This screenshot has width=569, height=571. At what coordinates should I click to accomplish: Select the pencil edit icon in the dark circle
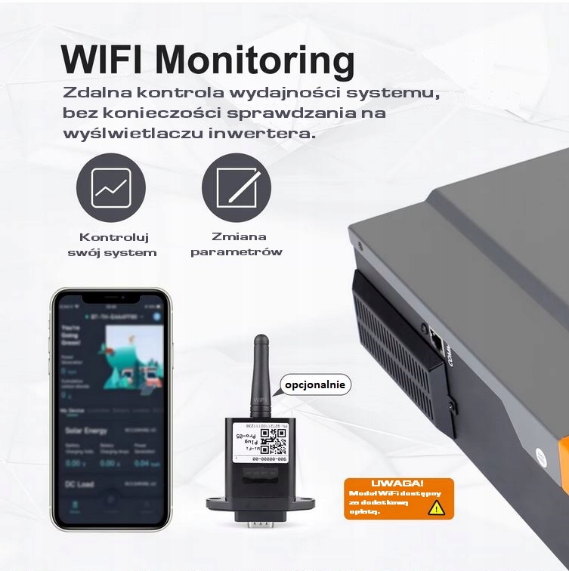(x=236, y=187)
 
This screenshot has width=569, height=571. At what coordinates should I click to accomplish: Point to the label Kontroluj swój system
(x=118, y=243)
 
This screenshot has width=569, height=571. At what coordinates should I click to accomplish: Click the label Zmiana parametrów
(x=236, y=243)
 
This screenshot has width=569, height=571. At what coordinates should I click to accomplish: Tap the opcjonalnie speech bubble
(x=316, y=384)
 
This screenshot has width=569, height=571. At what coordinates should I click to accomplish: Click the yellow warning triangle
(x=436, y=507)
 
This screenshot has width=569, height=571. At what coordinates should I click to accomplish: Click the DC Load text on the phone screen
(x=79, y=484)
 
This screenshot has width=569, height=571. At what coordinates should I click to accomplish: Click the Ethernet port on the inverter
(x=436, y=341)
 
